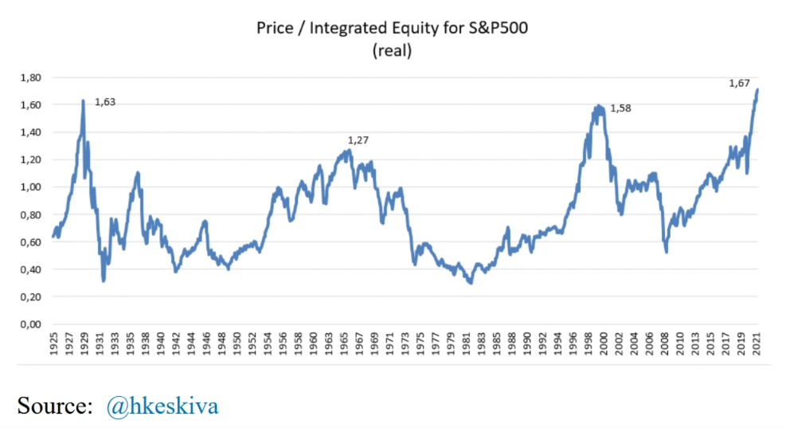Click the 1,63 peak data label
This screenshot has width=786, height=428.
[x=105, y=102]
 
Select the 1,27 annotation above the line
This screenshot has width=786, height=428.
[x=358, y=140]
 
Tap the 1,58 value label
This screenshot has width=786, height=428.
[x=620, y=108]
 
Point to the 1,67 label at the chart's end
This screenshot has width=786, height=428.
[x=740, y=83]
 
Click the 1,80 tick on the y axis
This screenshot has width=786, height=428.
[x=29, y=77]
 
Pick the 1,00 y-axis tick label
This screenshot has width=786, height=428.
[x=29, y=187]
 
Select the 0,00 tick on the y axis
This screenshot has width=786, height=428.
[x=29, y=324]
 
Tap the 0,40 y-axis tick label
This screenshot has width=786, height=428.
[x=29, y=269]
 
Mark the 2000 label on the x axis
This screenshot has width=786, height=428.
[x=604, y=345]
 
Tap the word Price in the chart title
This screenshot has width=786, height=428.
[x=273, y=29]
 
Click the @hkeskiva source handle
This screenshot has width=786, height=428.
[x=162, y=406]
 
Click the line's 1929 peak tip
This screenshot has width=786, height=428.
[x=83, y=100]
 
